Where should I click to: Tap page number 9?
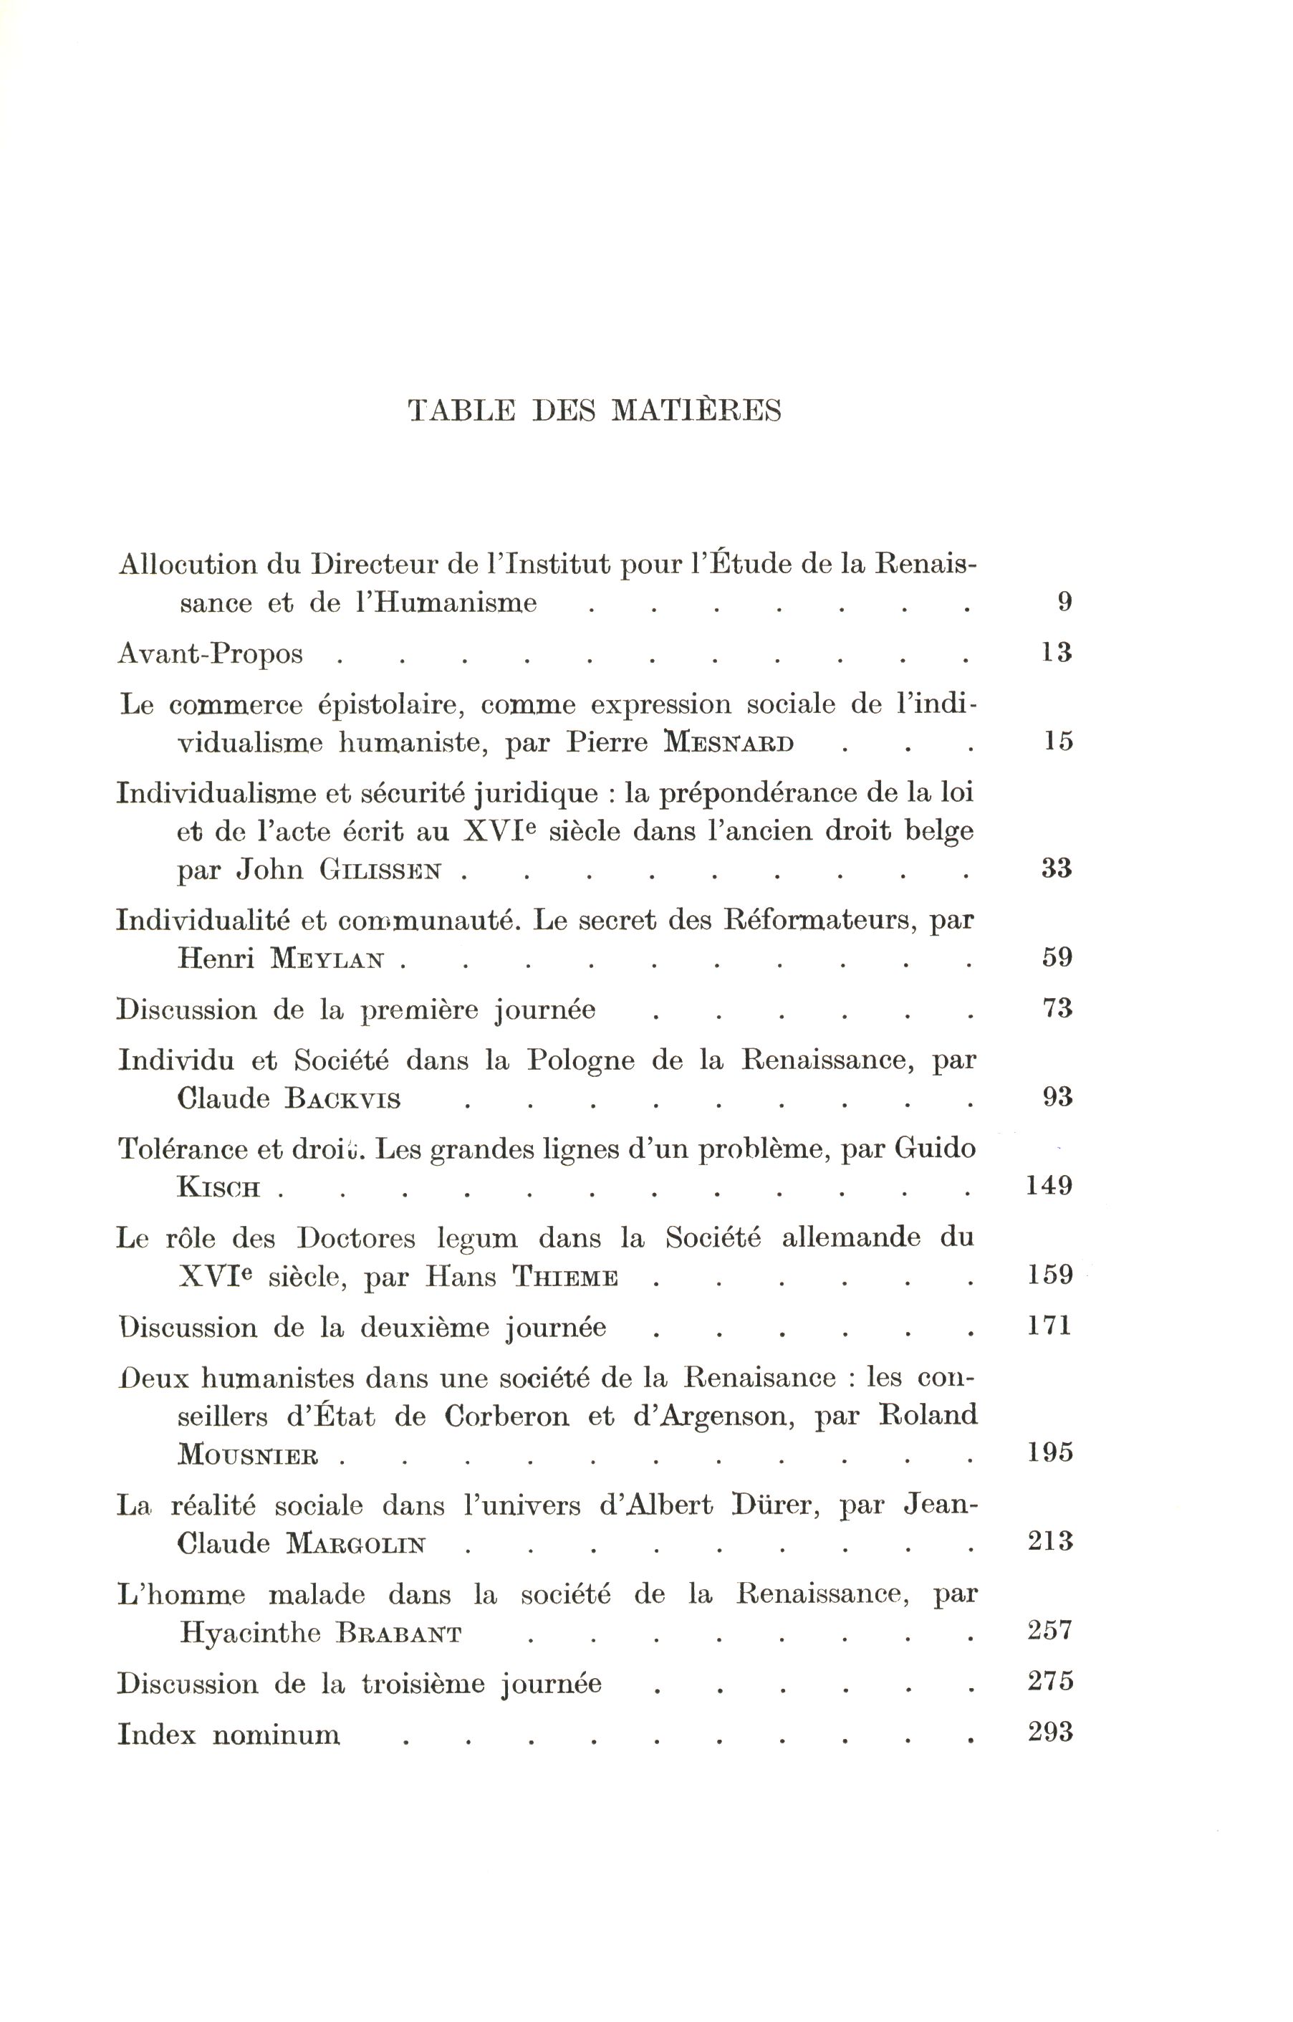point(1064,602)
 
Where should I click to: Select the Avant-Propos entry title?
point(210,653)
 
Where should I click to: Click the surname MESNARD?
point(728,743)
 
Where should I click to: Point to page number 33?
point(1056,868)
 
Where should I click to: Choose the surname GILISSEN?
point(380,871)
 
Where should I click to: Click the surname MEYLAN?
point(327,959)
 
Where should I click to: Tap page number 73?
point(1057,1008)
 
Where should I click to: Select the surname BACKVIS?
point(342,1099)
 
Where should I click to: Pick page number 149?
point(1049,1187)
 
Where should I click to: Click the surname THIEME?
point(565,1278)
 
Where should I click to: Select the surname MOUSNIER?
point(248,1455)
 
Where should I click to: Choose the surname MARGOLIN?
point(356,1544)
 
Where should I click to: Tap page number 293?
point(1050,1733)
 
